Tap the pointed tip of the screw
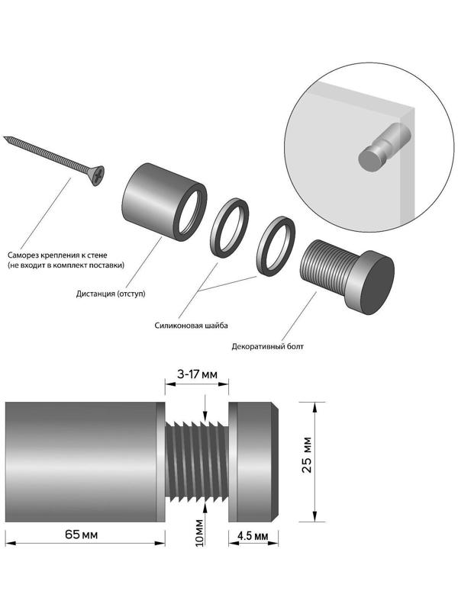pyautogui.click(x=6, y=138)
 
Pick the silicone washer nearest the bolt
pyautogui.click(x=277, y=246)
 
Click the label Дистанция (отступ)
pyautogui.click(x=111, y=293)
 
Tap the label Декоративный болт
pyautogui.click(x=267, y=347)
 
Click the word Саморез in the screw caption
pyautogui.click(x=25, y=255)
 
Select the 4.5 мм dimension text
pyautogui.click(x=253, y=535)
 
